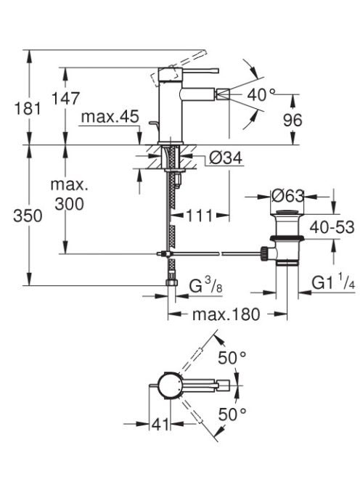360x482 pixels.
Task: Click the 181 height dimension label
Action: [28, 109]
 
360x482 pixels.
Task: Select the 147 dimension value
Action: [65, 99]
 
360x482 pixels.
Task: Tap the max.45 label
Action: [110, 117]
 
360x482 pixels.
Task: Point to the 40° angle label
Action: [261, 94]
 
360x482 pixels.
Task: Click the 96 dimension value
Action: [292, 120]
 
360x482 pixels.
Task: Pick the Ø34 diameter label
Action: [226, 158]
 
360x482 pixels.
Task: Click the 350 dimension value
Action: [28, 216]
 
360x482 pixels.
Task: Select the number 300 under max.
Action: [69, 204]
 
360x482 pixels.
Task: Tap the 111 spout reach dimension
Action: [200, 216]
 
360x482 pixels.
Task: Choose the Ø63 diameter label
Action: [287, 195]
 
